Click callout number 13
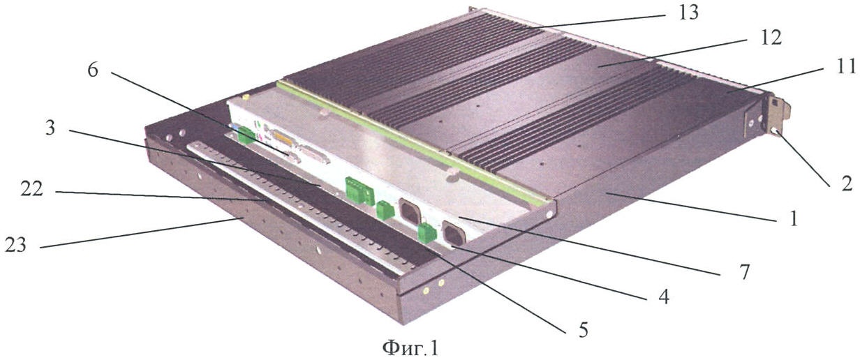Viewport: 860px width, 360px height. (x=688, y=13)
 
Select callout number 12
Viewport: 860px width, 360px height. (x=759, y=38)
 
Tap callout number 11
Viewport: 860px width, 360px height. (x=845, y=67)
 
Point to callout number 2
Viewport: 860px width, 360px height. (x=843, y=185)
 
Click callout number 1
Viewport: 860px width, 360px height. (x=793, y=219)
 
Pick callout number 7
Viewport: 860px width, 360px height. (x=744, y=272)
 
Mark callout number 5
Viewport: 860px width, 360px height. (x=583, y=330)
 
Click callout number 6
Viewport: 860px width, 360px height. (x=93, y=70)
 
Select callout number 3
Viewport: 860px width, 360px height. (x=50, y=128)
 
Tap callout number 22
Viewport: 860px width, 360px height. (x=32, y=189)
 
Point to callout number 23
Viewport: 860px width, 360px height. (x=16, y=244)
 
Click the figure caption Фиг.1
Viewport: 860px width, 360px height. (x=410, y=348)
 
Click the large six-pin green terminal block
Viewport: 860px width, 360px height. (x=359, y=190)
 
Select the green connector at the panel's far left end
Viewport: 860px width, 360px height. (x=246, y=135)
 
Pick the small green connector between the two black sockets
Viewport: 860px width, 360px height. (x=427, y=234)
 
